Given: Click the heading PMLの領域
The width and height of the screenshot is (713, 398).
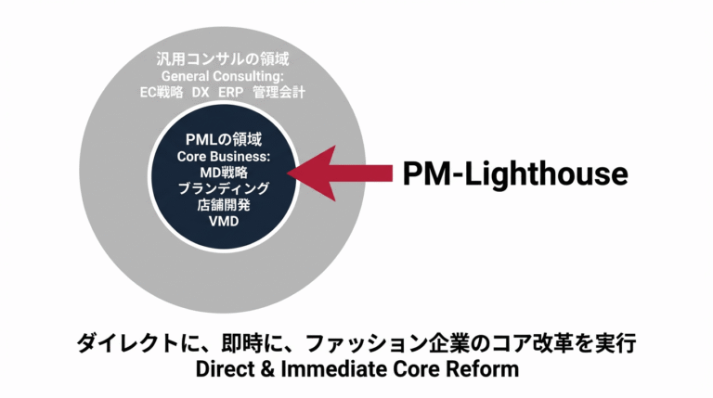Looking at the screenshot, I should (223, 140).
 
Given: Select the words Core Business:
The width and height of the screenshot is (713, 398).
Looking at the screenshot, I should (223, 157).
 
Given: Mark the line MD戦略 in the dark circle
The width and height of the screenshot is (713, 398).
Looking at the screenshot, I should (223, 173).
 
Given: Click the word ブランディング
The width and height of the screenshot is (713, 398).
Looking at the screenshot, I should (223, 189).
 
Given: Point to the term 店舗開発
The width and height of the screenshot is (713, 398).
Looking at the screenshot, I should (223, 205).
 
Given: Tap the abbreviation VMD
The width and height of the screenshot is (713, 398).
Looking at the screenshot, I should (223, 222).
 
